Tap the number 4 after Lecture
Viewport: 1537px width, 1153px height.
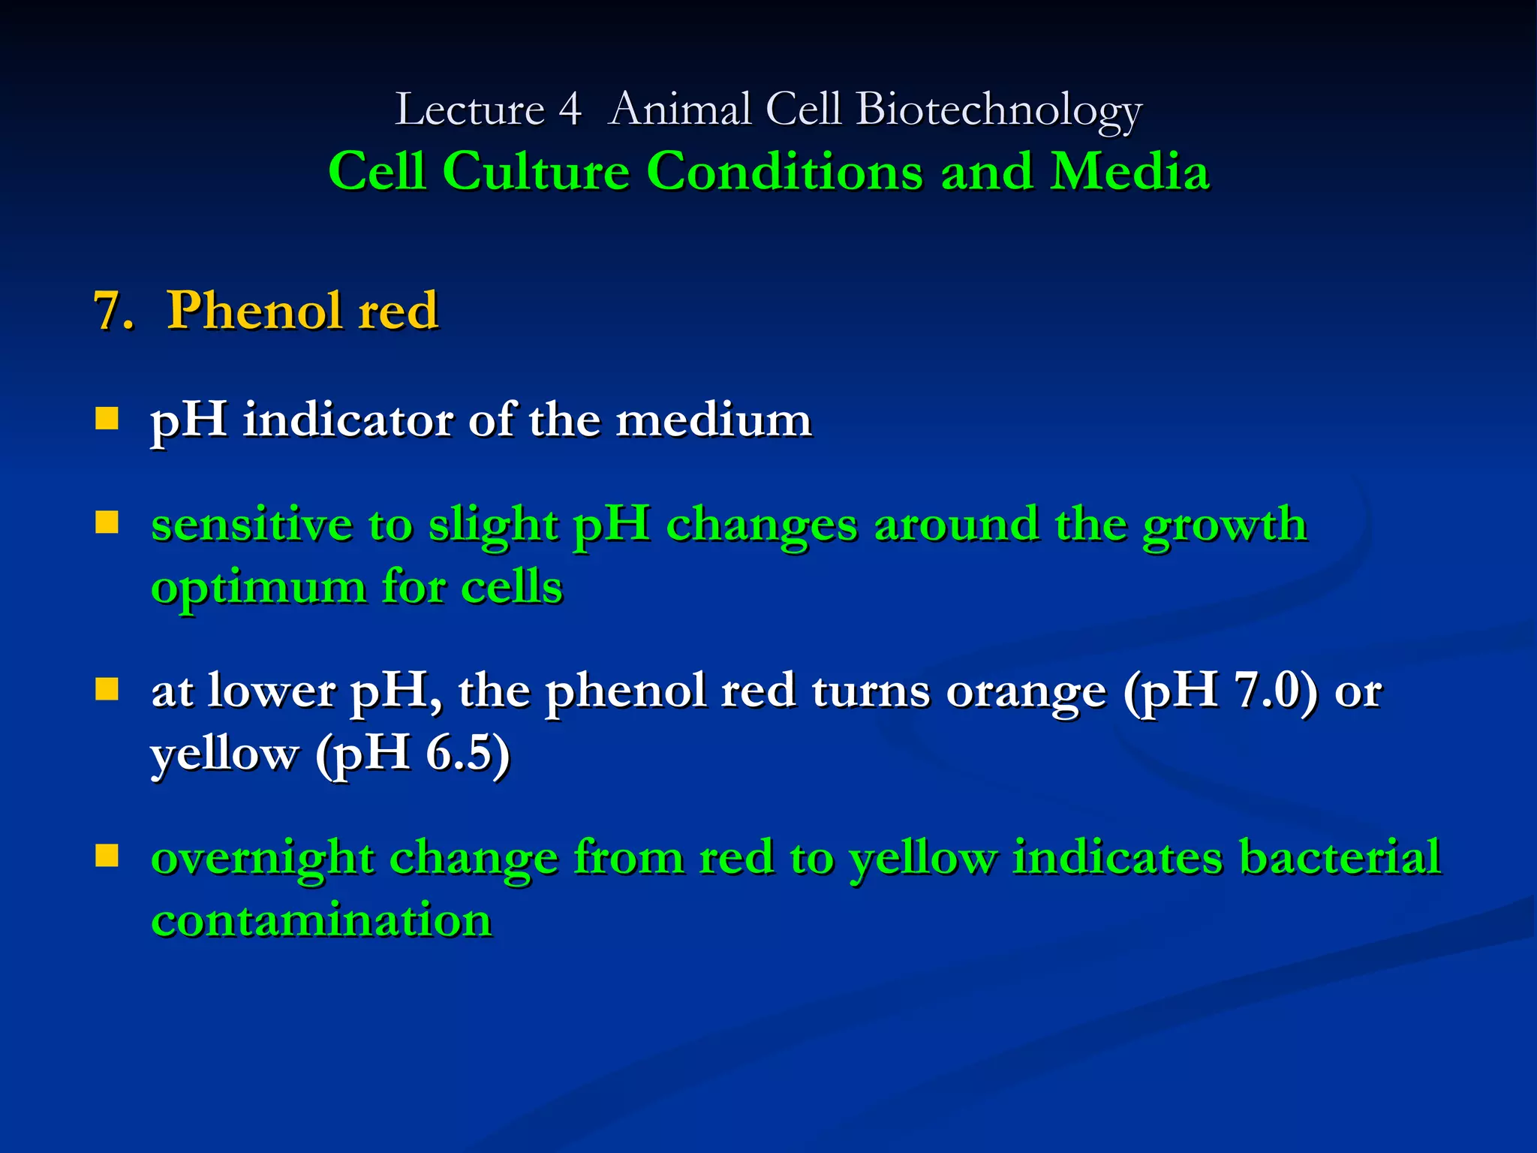(x=570, y=110)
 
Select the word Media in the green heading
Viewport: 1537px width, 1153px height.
(x=1129, y=171)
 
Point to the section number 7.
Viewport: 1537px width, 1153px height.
(x=112, y=310)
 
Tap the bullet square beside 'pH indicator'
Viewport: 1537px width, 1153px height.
(x=107, y=418)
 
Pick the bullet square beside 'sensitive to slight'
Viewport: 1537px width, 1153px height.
(x=107, y=522)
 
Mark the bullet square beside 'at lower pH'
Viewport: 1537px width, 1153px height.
(x=107, y=689)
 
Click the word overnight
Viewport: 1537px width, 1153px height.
(x=263, y=858)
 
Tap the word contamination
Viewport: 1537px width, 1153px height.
(x=321, y=920)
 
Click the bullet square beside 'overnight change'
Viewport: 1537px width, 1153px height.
(x=107, y=856)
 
